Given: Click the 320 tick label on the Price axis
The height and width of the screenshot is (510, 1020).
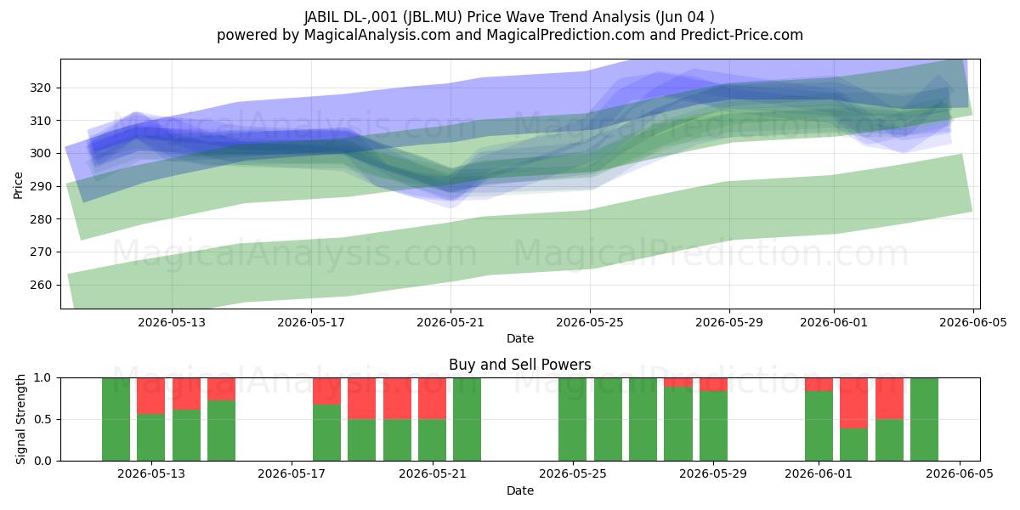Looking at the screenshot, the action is point(41,88).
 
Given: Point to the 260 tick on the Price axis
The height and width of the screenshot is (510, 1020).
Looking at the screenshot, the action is point(41,285).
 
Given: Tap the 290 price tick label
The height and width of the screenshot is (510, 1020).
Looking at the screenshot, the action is point(41,186).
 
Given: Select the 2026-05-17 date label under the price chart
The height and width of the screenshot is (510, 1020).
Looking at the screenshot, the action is point(311,322).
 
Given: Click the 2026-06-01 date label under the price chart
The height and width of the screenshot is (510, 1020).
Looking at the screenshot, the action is point(834,322).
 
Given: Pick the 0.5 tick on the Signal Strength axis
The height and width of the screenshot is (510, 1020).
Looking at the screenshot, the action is point(43,419).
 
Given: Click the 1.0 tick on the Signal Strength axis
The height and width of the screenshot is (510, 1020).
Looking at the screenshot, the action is point(43,378).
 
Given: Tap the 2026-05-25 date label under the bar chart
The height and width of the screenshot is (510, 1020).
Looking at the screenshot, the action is point(572,474).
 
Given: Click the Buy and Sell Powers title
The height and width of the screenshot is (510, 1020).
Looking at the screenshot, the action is point(519,365).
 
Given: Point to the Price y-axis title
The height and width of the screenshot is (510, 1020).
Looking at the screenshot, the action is point(18,185).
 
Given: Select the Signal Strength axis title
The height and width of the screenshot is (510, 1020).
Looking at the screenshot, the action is point(20,419).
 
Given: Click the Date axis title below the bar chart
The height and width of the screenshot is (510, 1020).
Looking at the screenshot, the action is point(520,491).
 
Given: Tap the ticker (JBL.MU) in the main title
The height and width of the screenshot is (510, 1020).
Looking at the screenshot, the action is point(432,17).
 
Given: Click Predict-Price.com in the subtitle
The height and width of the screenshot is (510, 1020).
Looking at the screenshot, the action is point(742,35).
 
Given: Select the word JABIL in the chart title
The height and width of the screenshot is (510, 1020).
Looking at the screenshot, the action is point(321,17).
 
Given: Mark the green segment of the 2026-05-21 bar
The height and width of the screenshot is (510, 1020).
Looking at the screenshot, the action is point(432,440).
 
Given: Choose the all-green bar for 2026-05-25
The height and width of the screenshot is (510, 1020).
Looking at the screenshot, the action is point(572,419).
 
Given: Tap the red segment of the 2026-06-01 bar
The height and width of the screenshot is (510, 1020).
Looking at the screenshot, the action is point(819,384).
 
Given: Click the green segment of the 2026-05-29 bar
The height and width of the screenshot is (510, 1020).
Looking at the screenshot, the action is point(713,426).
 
